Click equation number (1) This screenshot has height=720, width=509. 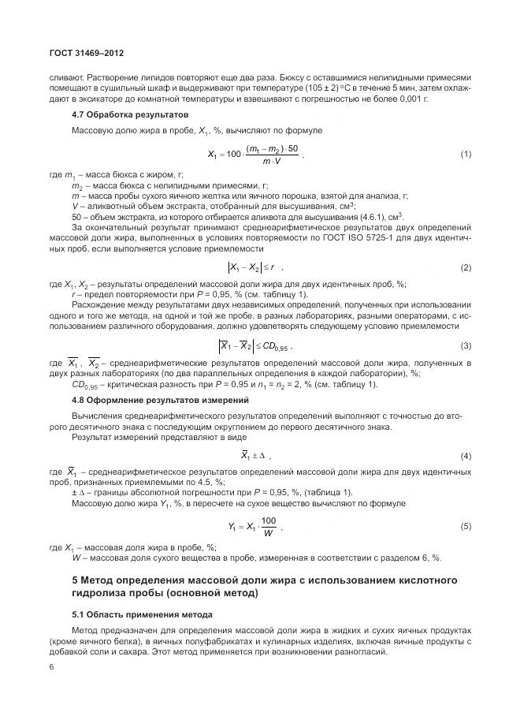point(465,153)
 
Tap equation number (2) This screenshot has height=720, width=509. point(465,267)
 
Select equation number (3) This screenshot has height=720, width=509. point(465,345)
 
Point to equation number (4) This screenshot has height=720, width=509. point(465,456)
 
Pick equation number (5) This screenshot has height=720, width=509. point(465,525)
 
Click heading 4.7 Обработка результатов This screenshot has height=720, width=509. point(124,114)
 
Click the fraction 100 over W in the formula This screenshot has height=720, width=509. point(269,525)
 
